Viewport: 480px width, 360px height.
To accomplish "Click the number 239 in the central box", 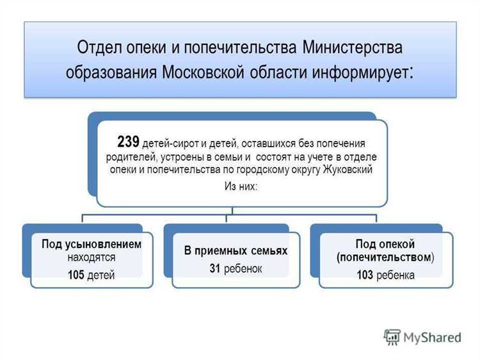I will pos(129,142).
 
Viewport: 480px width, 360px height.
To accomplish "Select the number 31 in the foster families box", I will pos(215,269).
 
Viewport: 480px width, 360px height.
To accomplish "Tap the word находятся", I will pos(91,257).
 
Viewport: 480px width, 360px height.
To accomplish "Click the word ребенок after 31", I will pos(243,269).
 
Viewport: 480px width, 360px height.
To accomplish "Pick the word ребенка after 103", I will pos(396,275).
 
